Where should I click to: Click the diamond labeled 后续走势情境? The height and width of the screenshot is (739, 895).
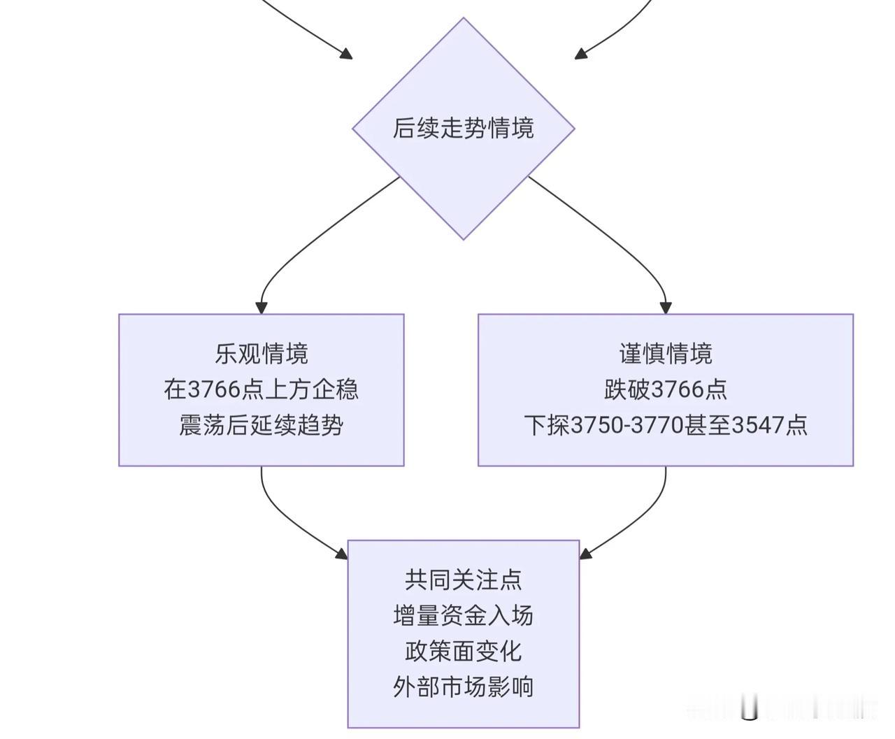(464, 129)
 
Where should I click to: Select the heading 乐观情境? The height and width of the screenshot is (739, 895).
(262, 354)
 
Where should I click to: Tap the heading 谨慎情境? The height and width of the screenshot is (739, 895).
(666, 354)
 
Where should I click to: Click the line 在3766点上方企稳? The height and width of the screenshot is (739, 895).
(262, 389)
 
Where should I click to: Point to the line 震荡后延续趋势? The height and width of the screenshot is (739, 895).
(262, 425)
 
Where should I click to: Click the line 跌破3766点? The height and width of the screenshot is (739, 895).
(666, 389)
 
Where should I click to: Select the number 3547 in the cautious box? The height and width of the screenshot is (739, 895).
(757, 425)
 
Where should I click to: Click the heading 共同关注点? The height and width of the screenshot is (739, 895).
(464, 580)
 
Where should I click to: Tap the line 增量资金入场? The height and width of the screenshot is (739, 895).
(464, 615)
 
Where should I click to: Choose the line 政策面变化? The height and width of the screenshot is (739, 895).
(464, 651)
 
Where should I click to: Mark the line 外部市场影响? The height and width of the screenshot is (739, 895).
(464, 687)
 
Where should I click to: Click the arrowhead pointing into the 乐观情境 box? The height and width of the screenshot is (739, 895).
(262, 308)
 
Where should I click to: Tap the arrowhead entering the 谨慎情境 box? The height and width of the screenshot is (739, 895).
(666, 308)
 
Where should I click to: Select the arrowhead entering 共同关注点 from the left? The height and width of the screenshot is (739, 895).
(342, 554)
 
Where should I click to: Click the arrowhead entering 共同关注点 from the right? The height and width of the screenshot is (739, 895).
(585, 554)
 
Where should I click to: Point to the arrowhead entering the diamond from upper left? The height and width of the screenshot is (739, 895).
(346, 54)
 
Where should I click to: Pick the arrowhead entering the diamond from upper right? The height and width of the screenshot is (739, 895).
(581, 54)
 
